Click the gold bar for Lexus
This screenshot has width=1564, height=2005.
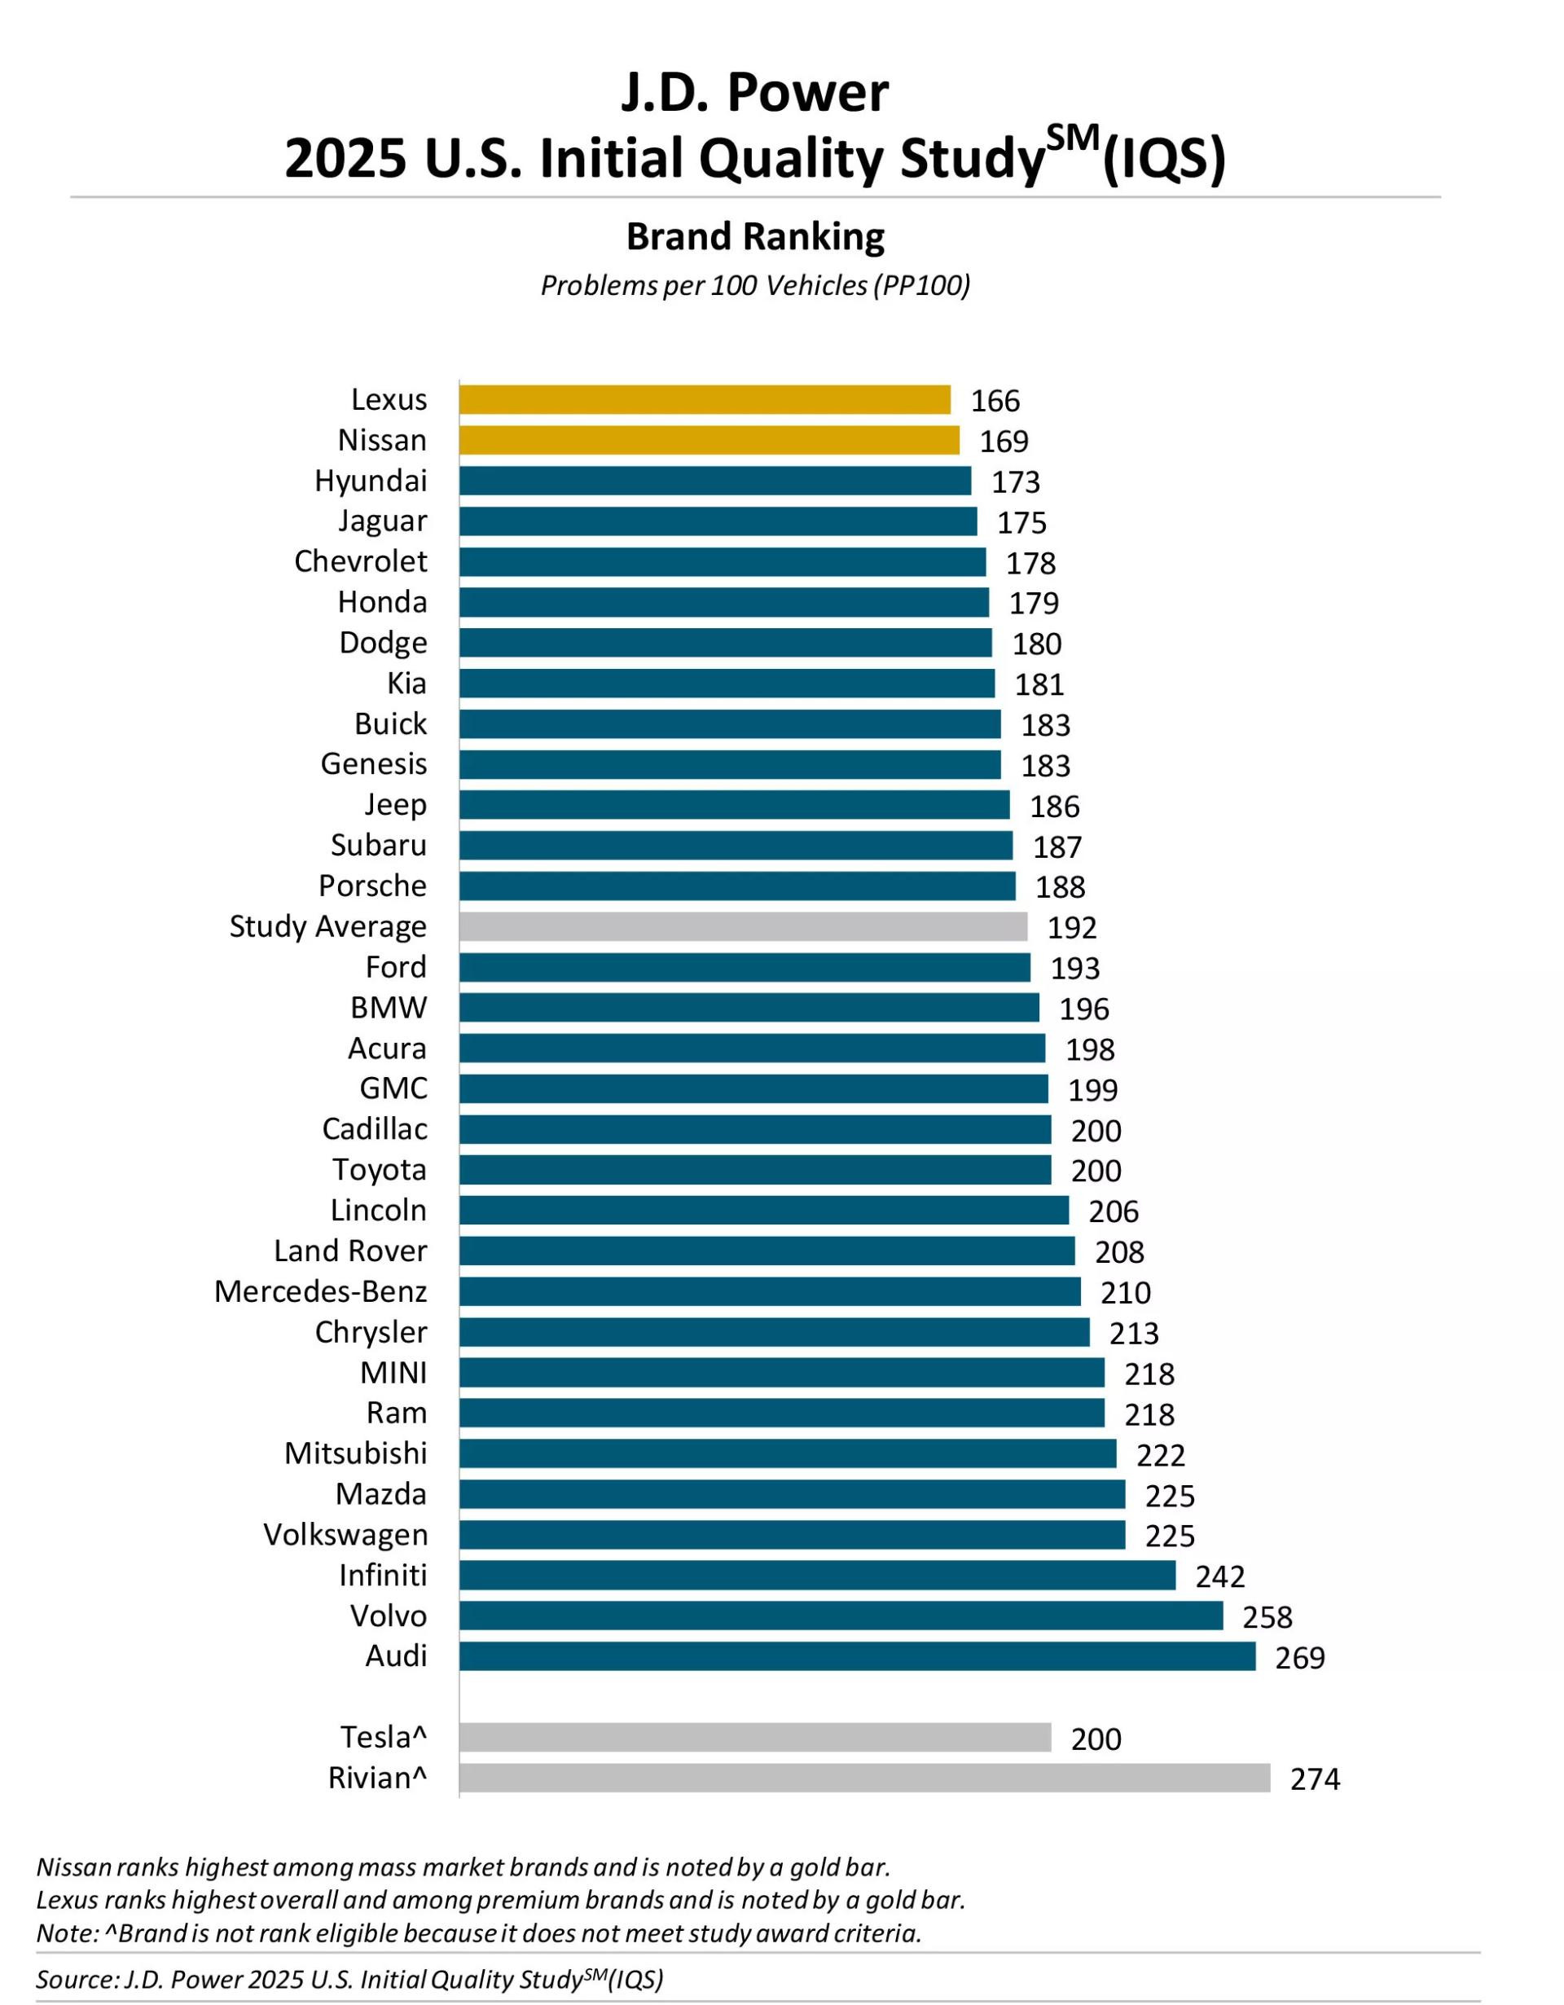pyautogui.click(x=704, y=399)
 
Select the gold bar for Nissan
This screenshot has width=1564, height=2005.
pyautogui.click(x=709, y=440)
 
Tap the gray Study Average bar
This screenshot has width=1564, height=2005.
pyautogui.click(x=743, y=926)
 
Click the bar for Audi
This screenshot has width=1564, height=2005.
pyautogui.click(x=856, y=1656)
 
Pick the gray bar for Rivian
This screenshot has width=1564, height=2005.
pyautogui.click(x=863, y=1779)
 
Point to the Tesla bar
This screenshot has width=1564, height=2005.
pyautogui.click(x=754, y=1737)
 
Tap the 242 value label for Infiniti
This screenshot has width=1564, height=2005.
pyautogui.click(x=1219, y=1576)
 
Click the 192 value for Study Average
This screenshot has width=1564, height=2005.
pyautogui.click(x=1071, y=928)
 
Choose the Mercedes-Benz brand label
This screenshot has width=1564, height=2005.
pyautogui.click(x=320, y=1291)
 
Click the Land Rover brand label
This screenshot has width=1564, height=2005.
pyautogui.click(x=349, y=1251)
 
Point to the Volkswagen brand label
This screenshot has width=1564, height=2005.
pyautogui.click(x=345, y=1535)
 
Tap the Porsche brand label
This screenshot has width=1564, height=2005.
pyautogui.click(x=371, y=886)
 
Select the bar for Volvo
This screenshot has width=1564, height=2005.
pyautogui.click(x=840, y=1616)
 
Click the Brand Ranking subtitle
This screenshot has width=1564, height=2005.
pyautogui.click(x=755, y=237)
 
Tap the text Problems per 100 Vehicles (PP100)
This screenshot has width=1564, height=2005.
pyautogui.click(x=755, y=285)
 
